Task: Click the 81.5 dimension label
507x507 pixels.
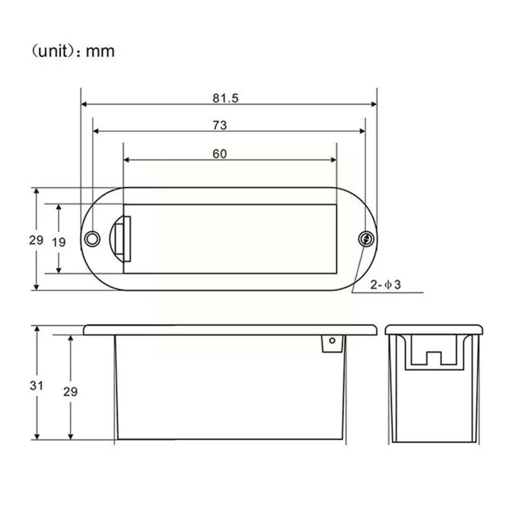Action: (x=225, y=98)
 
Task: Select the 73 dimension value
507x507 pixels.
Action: (x=220, y=125)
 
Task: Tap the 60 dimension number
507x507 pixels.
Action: (x=219, y=154)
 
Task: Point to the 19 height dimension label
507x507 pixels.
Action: (x=59, y=242)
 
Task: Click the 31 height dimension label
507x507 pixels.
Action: (x=36, y=385)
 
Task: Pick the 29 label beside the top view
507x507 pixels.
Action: (x=36, y=240)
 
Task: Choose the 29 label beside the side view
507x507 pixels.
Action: (x=70, y=392)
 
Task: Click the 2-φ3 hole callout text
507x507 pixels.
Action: (x=385, y=285)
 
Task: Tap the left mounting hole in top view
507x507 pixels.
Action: (x=92, y=239)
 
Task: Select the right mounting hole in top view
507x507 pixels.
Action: (x=366, y=239)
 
